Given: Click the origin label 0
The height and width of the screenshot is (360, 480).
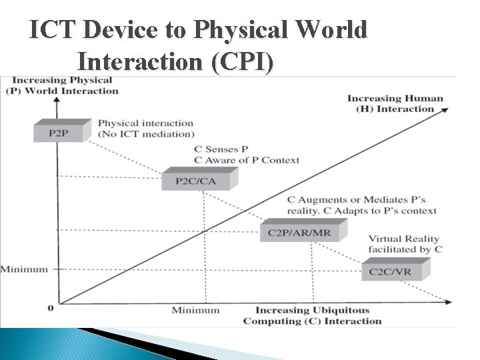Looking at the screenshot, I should tap(51, 307).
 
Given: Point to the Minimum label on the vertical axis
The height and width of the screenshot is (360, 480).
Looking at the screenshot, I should tap(25, 269).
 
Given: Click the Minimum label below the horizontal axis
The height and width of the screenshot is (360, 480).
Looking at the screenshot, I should tap(195, 310).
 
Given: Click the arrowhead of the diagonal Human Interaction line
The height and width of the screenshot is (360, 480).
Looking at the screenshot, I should tap(444, 114).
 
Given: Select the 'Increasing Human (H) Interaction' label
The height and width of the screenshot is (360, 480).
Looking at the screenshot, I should tap(395, 103).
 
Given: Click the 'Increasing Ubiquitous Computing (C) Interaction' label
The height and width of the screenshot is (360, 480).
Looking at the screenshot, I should tap(312, 315).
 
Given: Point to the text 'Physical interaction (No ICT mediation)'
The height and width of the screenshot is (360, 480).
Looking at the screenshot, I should tap(145, 128).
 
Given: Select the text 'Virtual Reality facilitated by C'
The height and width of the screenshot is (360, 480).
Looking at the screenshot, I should tap(405, 243).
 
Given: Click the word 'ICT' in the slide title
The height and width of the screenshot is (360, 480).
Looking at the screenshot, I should tap(53, 31).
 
